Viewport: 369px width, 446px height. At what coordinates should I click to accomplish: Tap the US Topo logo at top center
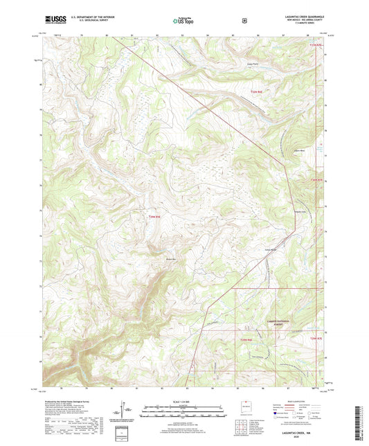[183, 21]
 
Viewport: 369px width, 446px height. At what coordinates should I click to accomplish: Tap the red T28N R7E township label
[316, 337]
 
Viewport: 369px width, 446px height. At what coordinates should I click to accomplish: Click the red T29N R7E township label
[316, 180]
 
